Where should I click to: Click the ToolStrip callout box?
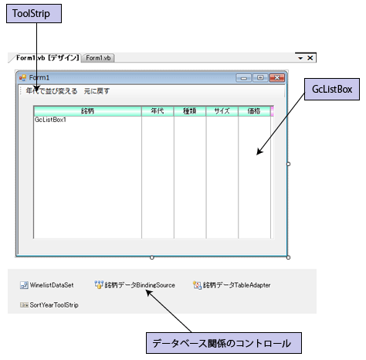[x=34, y=13]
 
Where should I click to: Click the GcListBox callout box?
[x=332, y=89]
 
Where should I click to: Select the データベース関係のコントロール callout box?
[x=224, y=343]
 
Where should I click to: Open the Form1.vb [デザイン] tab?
[x=47, y=58]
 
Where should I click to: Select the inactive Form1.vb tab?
[x=98, y=58]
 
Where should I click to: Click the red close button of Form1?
[x=277, y=77]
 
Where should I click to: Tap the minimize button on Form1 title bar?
[x=244, y=77]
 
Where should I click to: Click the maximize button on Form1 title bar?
[x=260, y=77]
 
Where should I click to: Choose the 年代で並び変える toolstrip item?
[x=52, y=91]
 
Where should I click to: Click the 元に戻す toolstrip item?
[x=97, y=91]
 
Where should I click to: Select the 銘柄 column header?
[x=87, y=111]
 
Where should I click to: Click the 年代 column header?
[x=158, y=111]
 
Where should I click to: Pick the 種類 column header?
[x=190, y=111]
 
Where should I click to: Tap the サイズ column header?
[x=222, y=111]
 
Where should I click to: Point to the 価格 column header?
[x=254, y=111]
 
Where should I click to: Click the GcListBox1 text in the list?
[x=50, y=120]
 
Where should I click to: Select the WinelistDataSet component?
[x=47, y=285]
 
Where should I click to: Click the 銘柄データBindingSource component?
[x=134, y=285]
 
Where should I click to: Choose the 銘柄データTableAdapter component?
[x=232, y=285]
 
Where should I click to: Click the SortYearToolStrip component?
[x=49, y=305]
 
